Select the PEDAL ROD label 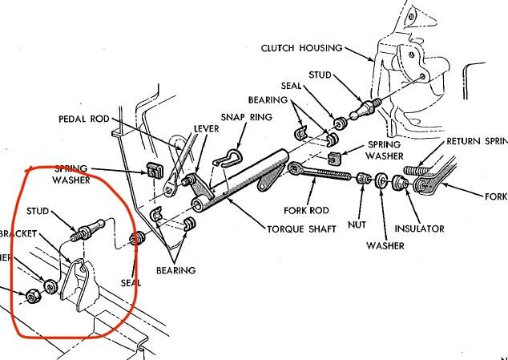[85, 119]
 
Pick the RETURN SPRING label [479, 140]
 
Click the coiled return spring [420, 171]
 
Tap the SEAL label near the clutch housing [291, 84]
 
